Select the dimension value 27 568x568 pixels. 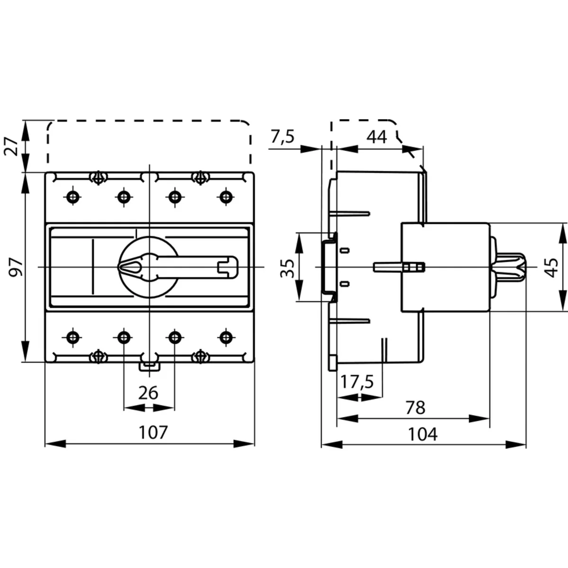pos(13,146)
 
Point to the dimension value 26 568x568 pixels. pos(148,392)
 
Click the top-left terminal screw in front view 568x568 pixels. pos(72,196)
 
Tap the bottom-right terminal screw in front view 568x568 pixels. pos(227,337)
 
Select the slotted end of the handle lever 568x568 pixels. pos(228,266)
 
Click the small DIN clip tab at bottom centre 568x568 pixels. pos(149,365)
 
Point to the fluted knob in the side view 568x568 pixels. pos(511,267)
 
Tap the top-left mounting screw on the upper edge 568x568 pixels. pos(98,177)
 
